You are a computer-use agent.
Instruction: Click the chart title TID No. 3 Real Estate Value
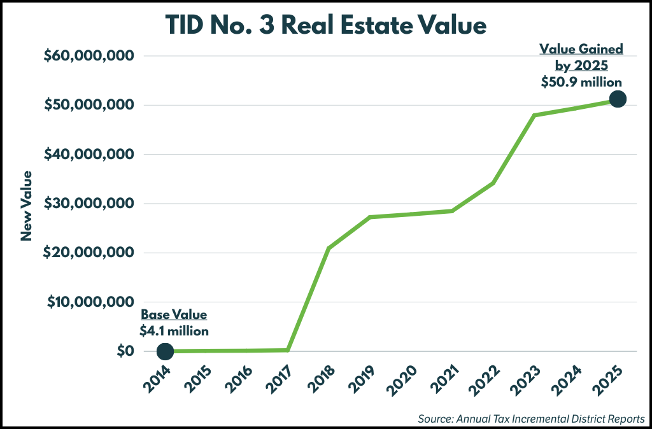click(326, 25)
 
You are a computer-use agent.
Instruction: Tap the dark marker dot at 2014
click(165, 351)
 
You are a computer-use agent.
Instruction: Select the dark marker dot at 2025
click(617, 99)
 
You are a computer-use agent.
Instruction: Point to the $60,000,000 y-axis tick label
click(89, 56)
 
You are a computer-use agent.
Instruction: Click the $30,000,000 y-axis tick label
click(89, 204)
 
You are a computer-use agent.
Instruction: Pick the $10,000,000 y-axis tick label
click(89, 302)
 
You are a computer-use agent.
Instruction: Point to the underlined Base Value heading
click(174, 314)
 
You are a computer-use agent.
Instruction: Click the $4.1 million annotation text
click(174, 330)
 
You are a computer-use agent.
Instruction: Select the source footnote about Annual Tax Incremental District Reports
click(532, 418)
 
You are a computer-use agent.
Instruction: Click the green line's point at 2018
click(329, 248)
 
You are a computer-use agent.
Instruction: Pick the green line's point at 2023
click(534, 115)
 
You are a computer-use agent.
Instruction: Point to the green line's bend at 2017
click(288, 349)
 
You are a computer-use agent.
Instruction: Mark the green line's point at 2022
click(493, 183)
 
